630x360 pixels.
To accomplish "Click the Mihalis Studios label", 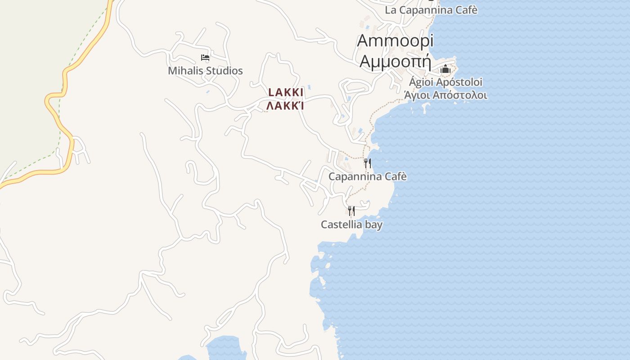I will [205, 71].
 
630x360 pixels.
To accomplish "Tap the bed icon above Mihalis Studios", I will [205, 58].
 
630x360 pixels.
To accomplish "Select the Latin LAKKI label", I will [286, 92].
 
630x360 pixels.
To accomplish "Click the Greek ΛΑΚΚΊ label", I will [285, 106].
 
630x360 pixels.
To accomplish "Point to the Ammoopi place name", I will [395, 40].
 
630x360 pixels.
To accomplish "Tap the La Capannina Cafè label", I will [431, 10].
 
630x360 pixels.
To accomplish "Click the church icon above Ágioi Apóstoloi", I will [445, 69].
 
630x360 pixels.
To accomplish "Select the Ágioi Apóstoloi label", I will [445, 82].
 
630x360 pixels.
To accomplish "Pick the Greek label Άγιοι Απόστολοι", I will [445, 95].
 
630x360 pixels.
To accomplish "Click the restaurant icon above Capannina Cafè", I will [368, 163].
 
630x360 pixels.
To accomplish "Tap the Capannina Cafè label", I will [368, 176].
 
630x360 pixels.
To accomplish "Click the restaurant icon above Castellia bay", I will [351, 211].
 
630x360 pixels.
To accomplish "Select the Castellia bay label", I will [351, 224].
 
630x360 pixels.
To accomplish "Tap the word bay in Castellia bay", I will [373, 224].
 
